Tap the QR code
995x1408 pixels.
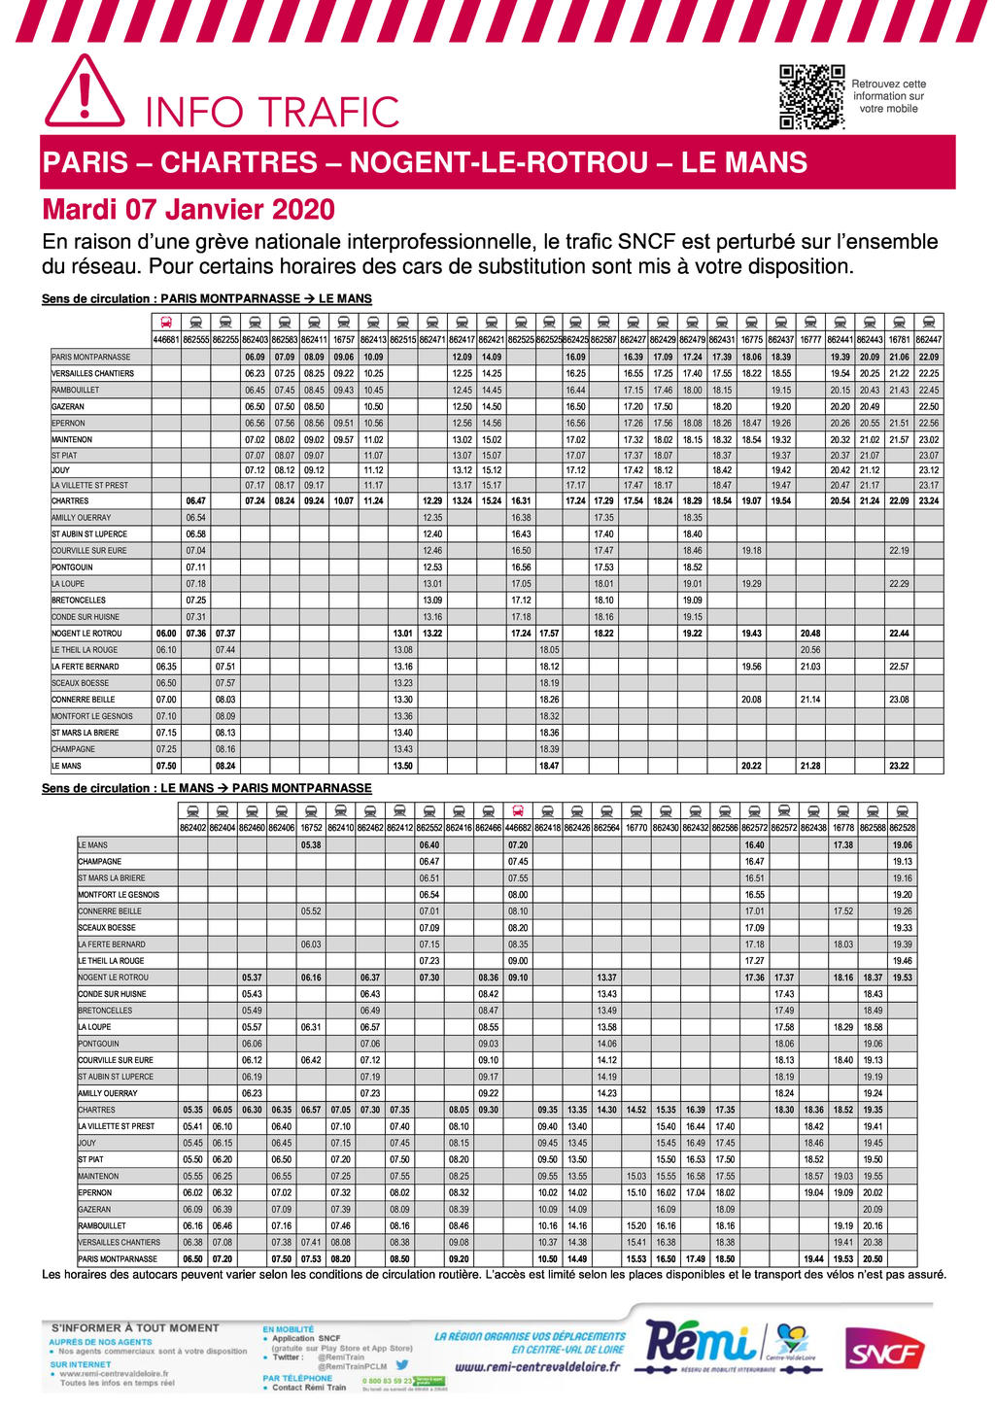pos(811,97)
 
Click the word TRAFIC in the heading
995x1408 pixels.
pos(329,113)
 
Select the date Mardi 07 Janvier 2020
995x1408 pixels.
pos(189,209)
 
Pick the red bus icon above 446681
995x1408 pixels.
pos(166,322)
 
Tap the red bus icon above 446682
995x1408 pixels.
pos(518,810)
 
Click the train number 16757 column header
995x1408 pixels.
pos(344,340)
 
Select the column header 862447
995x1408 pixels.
pos(929,340)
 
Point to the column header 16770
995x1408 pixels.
pos(636,828)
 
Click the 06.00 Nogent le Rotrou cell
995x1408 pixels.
pos(166,634)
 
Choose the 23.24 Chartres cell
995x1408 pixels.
pos(929,501)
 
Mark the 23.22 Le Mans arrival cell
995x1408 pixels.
pos(899,767)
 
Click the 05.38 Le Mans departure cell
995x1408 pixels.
pos(311,845)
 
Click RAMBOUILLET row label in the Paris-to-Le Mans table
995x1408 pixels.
pos(76,390)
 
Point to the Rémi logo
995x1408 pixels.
pos(702,1344)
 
